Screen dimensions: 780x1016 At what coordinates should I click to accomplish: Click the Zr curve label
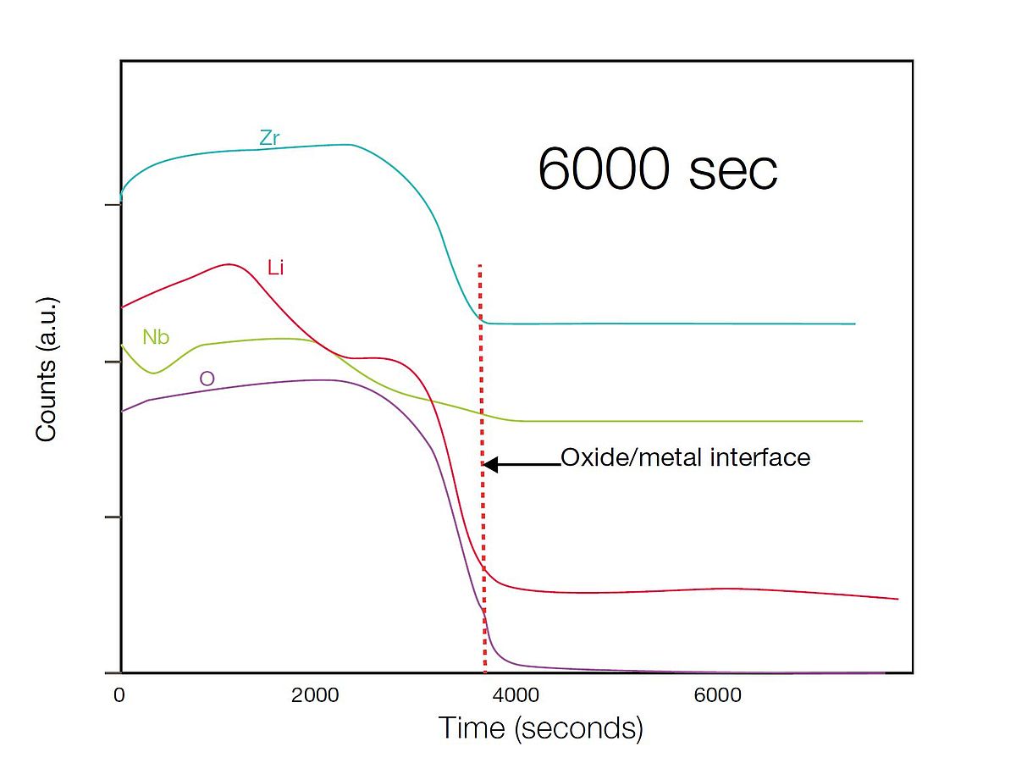tap(269, 139)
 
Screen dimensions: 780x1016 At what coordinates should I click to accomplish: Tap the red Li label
tap(275, 268)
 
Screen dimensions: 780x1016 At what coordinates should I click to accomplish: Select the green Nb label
tap(156, 337)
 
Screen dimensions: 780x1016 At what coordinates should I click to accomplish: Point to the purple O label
tap(207, 379)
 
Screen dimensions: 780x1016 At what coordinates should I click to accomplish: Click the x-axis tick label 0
tap(119, 695)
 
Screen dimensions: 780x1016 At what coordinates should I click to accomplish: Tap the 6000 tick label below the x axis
tap(717, 695)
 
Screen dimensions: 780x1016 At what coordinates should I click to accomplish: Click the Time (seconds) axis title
tap(540, 728)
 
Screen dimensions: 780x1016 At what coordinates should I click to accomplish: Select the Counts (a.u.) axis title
tap(47, 368)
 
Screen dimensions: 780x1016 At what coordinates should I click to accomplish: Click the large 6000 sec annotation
tap(657, 169)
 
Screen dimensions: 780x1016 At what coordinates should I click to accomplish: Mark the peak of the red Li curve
tap(229, 264)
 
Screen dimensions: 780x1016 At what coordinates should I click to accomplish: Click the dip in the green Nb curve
tap(153, 373)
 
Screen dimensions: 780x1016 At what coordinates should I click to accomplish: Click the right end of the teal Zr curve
tap(854, 324)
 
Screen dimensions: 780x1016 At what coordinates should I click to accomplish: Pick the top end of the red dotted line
tap(480, 266)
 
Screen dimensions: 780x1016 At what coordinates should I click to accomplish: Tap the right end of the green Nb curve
tap(862, 421)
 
